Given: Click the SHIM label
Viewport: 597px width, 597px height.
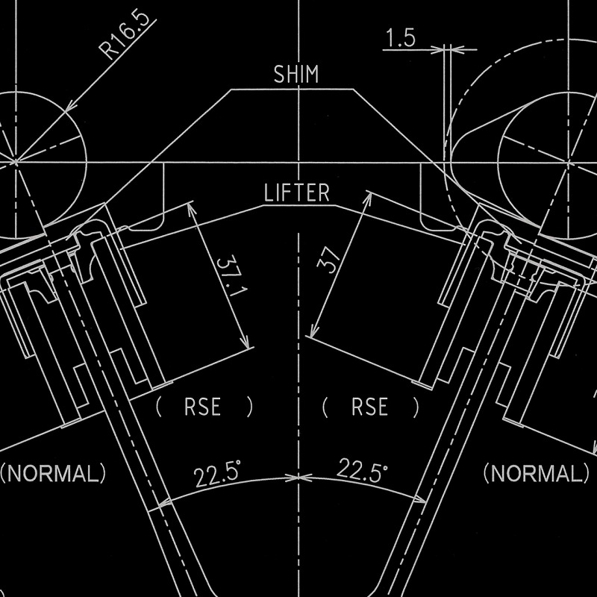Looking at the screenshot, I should point(296,75).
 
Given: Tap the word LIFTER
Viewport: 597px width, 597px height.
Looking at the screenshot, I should point(297,193).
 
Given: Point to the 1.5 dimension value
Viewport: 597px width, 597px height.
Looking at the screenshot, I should point(401,40).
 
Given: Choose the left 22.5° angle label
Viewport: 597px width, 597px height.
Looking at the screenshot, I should point(216,474).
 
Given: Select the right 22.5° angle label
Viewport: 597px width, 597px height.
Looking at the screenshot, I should point(363,471).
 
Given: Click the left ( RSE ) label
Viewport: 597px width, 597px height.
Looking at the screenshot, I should point(204,407).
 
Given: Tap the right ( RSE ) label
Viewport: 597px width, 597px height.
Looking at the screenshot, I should point(370,407).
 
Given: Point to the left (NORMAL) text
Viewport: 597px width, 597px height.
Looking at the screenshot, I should point(52,473).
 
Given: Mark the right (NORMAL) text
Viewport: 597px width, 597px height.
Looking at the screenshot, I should point(535,473).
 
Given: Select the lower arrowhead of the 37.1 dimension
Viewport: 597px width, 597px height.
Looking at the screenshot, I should point(249,345).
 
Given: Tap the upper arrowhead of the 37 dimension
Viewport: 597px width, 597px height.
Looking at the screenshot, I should point(369,196).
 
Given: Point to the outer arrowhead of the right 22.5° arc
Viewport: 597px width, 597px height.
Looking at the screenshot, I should point(425,499).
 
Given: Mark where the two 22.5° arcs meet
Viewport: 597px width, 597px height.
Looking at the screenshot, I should point(298,475).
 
